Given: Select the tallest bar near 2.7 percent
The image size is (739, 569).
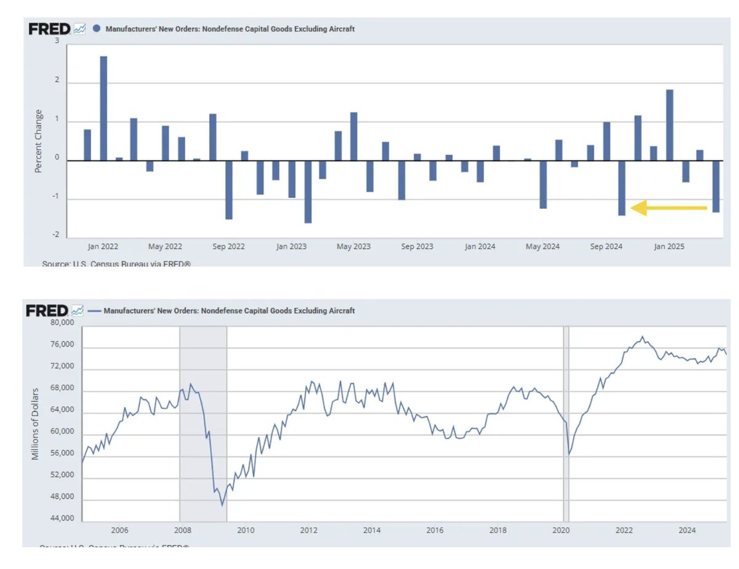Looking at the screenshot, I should point(103,108).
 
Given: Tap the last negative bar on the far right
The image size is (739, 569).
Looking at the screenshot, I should point(716,186).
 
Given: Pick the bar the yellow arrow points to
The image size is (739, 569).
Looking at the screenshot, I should point(622,188).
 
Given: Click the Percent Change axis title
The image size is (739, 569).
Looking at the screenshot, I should point(39,141).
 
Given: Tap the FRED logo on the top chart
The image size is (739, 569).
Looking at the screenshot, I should point(49,29).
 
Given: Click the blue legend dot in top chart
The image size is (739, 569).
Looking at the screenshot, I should point(97,29).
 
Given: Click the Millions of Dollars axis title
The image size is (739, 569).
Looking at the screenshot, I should point(36,424).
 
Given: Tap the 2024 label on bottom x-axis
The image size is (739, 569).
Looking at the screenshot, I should point(687,530).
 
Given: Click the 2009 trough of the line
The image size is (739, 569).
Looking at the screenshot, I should point(222,505).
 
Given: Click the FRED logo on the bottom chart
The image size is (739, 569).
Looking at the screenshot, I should point(46,311).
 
